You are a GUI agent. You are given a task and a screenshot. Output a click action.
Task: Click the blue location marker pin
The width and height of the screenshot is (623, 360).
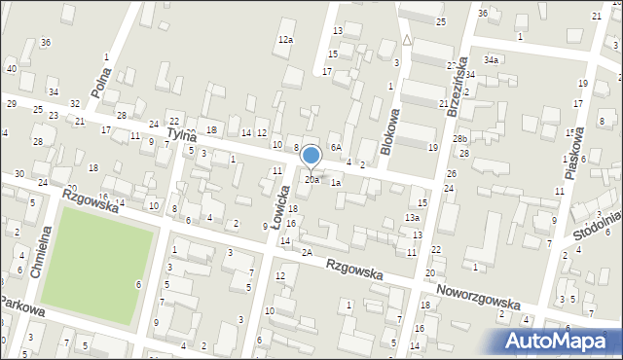pos(311,156)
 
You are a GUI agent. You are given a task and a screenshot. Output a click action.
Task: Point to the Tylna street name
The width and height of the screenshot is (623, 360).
pos(182,133)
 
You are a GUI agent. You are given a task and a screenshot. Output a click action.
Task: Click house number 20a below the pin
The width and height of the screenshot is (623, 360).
pos(311,180)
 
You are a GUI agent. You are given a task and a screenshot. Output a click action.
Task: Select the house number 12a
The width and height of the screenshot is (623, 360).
pos(284,40)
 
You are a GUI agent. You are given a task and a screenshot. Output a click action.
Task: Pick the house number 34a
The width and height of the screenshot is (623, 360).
pos(492,60)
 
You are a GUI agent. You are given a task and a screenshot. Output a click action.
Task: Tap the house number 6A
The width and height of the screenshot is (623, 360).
pos(335,147)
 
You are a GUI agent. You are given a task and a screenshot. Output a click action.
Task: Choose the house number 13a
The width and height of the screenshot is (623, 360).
pos(413,219)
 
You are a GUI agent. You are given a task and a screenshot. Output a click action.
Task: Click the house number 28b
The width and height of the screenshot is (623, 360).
pos(459,140)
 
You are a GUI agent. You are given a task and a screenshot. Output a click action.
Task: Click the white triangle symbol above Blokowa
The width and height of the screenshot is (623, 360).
pos(406,41)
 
